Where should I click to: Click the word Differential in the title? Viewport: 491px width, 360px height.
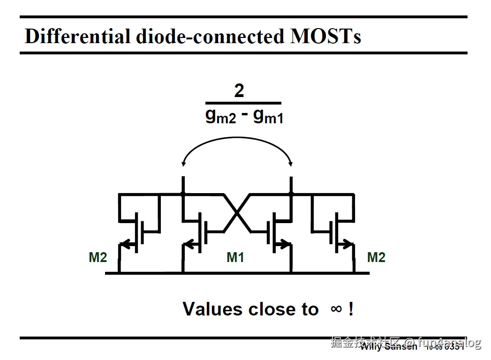point(77,36)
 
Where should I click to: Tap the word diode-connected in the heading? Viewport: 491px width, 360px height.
point(210,36)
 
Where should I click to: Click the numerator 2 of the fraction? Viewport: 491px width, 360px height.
point(239,90)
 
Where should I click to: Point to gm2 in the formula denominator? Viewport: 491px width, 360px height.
point(221,115)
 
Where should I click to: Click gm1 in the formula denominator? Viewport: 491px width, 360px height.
point(268,115)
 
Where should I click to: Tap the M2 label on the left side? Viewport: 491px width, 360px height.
point(98,257)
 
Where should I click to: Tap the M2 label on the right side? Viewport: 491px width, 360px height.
point(376,257)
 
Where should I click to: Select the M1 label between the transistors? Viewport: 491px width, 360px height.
point(235,257)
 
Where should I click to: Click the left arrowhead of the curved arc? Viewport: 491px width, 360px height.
point(184,164)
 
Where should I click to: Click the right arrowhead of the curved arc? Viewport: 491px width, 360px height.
point(291,164)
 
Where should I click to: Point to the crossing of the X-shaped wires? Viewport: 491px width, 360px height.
point(237,212)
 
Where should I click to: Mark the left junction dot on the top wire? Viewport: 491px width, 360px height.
point(183,193)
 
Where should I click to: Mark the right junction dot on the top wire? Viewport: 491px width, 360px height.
point(291,193)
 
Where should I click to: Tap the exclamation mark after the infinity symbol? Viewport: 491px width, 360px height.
point(351,309)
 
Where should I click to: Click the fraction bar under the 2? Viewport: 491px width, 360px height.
point(243,103)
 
